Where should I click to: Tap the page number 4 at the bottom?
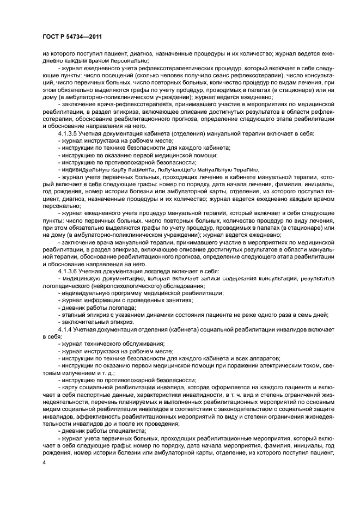[45, 463]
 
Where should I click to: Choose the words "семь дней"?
[312, 315]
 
